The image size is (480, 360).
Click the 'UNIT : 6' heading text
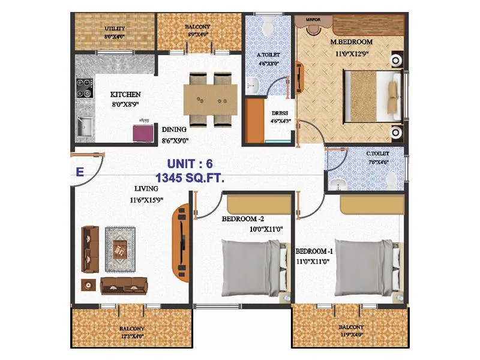click(x=189, y=163)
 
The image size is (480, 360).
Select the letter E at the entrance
click(x=79, y=172)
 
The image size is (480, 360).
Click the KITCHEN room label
click(x=125, y=95)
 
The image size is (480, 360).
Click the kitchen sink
click(x=83, y=127)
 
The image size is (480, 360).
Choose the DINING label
click(x=174, y=129)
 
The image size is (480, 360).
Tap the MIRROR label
click(x=313, y=20)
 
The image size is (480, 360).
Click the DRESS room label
click(x=280, y=113)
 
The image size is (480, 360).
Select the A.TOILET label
click(x=269, y=55)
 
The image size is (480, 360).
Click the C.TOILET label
click(x=377, y=153)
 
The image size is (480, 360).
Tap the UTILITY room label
click(x=114, y=29)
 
